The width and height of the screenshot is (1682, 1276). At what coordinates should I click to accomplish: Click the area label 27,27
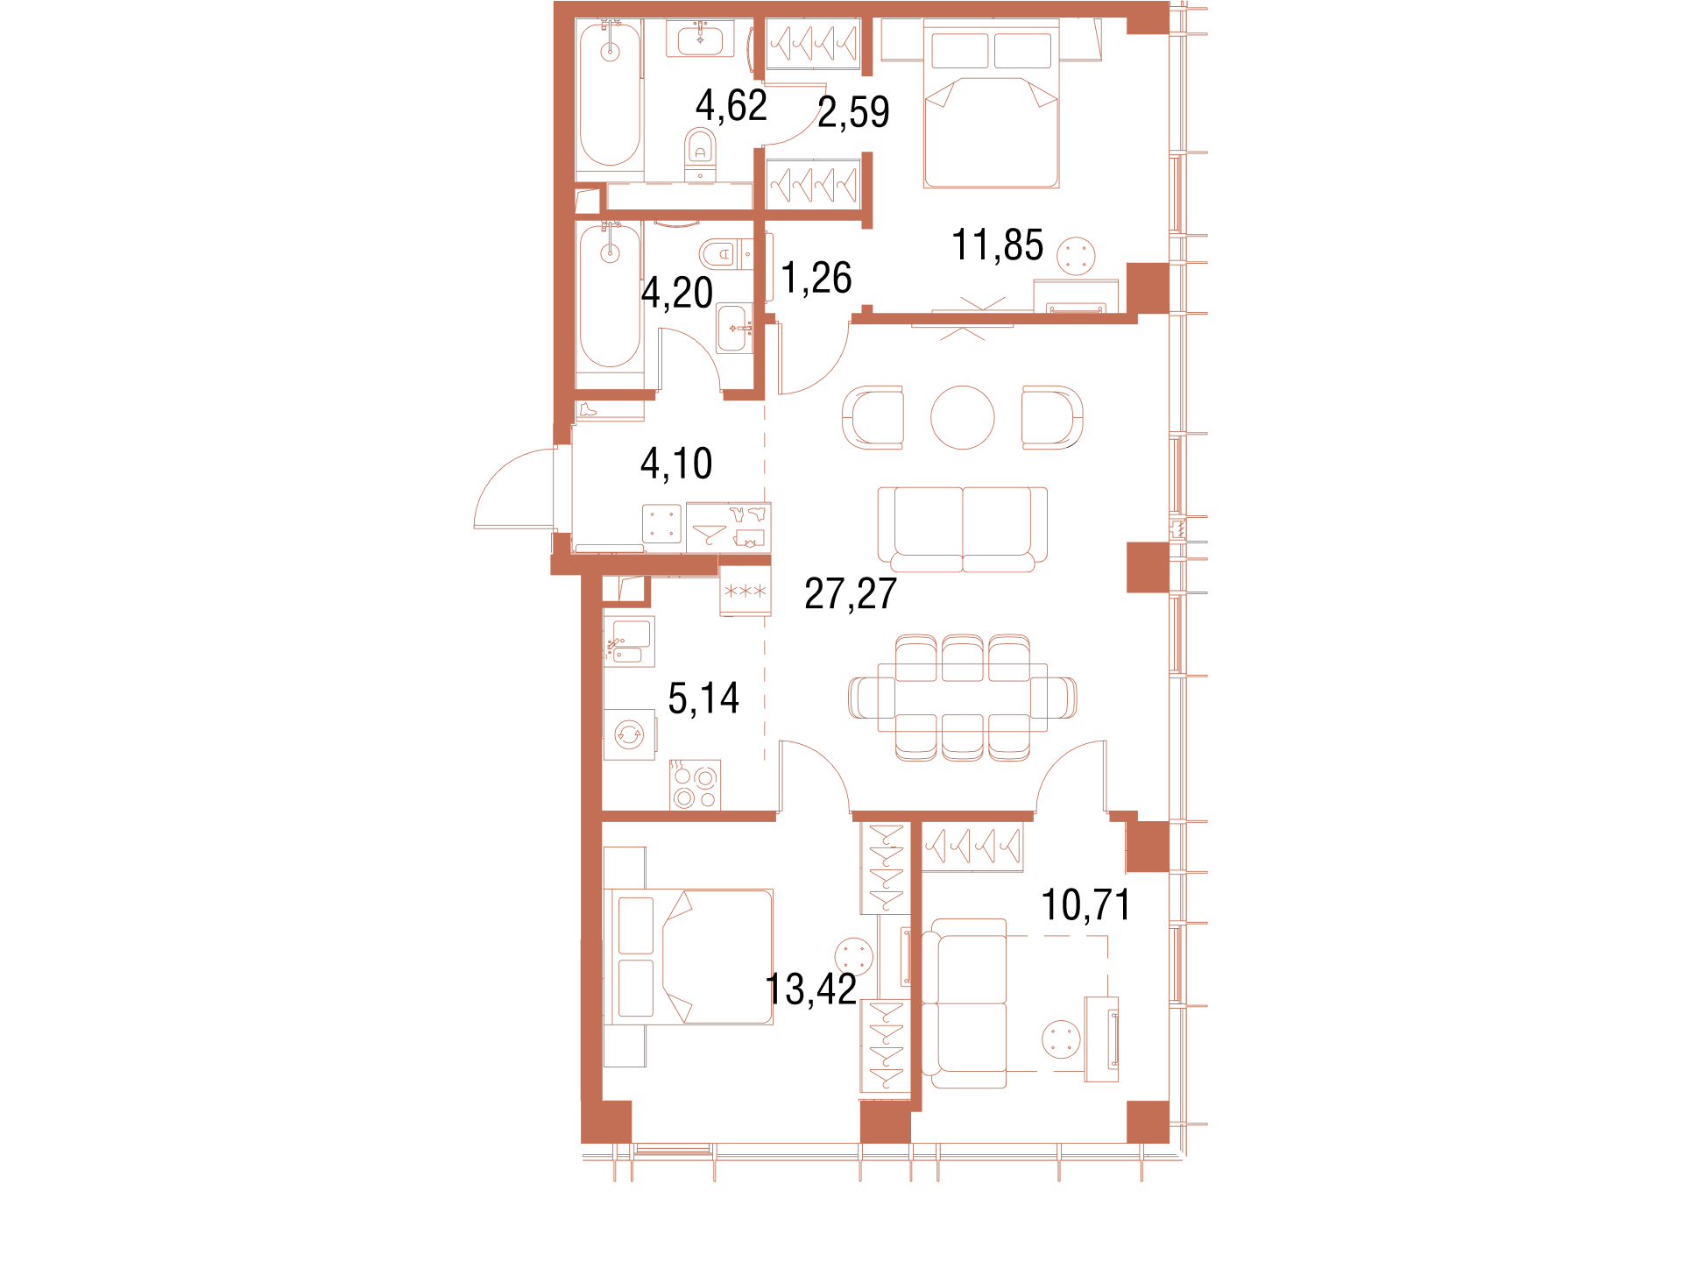click(851, 593)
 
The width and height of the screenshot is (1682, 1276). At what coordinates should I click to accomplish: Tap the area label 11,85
click(997, 245)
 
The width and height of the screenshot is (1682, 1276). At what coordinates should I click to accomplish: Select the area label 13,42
click(811, 989)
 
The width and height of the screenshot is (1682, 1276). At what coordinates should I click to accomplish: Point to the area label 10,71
click(1085, 904)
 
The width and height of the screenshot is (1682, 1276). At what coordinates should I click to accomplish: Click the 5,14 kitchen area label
click(703, 698)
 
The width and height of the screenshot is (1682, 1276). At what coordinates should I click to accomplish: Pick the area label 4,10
click(676, 463)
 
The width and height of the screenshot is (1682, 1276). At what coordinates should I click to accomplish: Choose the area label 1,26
click(816, 278)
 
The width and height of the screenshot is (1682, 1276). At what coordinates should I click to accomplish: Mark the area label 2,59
click(853, 112)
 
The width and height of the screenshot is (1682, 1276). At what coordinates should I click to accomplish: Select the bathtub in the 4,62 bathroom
click(610, 94)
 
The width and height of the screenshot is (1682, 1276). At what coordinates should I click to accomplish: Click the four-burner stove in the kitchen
click(695, 785)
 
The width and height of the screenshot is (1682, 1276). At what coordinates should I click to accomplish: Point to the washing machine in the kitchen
click(629, 734)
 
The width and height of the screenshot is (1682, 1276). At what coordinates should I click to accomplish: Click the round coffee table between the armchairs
click(962, 417)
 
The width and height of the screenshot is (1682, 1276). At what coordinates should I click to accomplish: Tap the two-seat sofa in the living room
click(962, 529)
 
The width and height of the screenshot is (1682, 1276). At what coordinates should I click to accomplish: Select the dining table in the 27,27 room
click(962, 697)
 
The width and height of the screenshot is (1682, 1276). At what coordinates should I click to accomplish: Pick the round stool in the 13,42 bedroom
click(854, 957)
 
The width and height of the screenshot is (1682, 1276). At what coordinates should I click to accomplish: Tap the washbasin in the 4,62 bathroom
click(700, 39)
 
